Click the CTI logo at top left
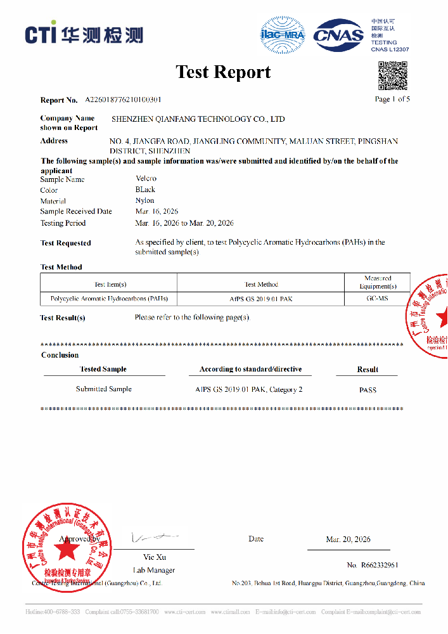tap(84, 34)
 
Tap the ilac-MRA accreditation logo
tap(283, 34)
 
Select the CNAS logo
tap(340, 34)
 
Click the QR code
tap(393, 75)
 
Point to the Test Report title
tap(223, 72)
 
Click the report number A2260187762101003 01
tap(123, 100)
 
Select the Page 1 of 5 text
tap(392, 99)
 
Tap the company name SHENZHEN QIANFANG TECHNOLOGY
tap(198, 119)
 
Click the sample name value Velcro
tap(146, 179)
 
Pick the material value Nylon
tap(144, 200)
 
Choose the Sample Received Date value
tap(157, 211)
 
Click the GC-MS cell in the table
tap(378, 298)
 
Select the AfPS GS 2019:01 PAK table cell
tap(261, 298)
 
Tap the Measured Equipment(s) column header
tap(378, 282)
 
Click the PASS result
tap(368, 390)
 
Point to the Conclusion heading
tap(60, 355)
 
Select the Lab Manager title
tap(153, 570)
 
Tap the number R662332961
tap(373, 565)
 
